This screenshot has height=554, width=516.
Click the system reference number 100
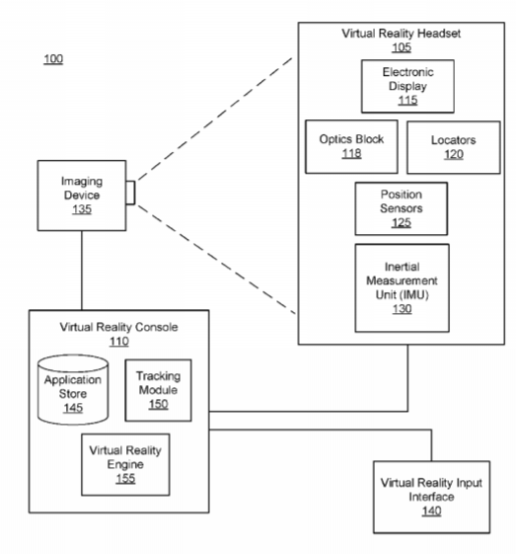point(53,58)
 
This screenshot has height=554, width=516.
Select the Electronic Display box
point(407,86)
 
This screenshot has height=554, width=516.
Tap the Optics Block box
point(351,146)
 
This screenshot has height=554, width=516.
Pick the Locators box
point(454,147)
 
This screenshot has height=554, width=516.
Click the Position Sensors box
point(402,208)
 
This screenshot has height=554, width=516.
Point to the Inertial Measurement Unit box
point(402,288)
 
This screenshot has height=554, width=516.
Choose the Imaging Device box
point(82,196)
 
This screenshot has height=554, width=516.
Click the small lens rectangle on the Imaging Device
point(130,193)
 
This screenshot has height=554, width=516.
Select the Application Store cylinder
point(73,390)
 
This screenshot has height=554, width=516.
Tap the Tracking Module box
point(159,390)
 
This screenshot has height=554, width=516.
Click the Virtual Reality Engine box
point(125,464)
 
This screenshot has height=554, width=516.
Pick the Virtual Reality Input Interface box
point(432,497)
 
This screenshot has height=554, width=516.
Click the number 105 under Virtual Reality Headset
point(402,47)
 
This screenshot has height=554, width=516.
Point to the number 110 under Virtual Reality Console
point(119,342)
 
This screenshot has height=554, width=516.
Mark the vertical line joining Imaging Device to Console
point(82,271)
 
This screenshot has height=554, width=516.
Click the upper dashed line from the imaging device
point(214,119)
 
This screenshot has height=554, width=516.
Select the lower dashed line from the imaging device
point(216,260)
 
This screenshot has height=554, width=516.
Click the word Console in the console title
point(157,327)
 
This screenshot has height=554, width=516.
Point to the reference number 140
point(432,511)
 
